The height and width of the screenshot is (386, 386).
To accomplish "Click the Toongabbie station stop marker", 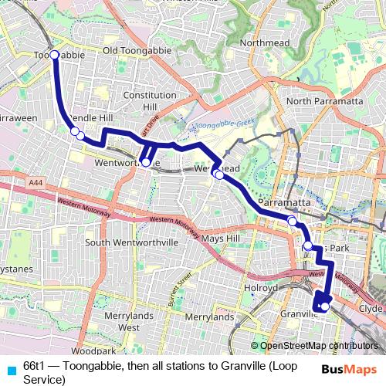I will pyautogui.click(x=55, y=56).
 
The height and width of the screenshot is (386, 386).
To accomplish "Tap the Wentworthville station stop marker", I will pyautogui.click(x=146, y=162).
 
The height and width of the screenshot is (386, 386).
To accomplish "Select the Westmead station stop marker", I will pyautogui.click(x=219, y=175).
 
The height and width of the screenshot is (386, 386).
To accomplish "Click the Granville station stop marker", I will pyautogui.click(x=325, y=306).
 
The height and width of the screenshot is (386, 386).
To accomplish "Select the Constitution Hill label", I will pyautogui.click(x=151, y=100).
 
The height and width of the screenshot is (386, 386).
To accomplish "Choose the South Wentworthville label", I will pyautogui.click(x=131, y=242).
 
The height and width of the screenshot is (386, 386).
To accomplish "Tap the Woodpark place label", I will pyautogui.click(x=97, y=351).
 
